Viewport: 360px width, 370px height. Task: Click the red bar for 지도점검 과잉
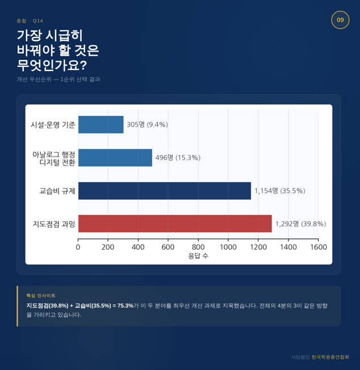[x=175, y=224]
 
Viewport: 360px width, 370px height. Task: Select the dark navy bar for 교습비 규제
[x=165, y=191]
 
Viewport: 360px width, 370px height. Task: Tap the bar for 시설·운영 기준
[x=101, y=125]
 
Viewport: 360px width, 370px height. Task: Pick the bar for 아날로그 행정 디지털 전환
[x=115, y=158]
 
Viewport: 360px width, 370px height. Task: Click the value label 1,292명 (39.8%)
[x=301, y=224]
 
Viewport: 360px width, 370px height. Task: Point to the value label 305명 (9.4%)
[x=147, y=125]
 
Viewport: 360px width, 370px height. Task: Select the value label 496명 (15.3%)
[x=178, y=158]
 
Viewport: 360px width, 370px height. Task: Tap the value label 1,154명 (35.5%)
[x=280, y=191]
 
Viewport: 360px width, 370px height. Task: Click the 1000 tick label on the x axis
[x=228, y=247]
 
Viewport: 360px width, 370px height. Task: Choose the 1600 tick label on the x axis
[x=319, y=247]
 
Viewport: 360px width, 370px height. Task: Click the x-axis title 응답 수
[x=198, y=256]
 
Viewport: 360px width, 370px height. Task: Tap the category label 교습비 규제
[x=57, y=191]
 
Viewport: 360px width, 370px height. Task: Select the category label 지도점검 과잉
[x=54, y=224]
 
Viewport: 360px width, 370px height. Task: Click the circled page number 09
[x=340, y=20]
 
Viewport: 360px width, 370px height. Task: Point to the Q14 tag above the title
[x=38, y=21]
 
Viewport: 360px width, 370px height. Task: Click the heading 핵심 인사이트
[x=41, y=296]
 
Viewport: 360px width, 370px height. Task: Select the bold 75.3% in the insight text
[x=125, y=306]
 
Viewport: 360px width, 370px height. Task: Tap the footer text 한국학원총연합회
[x=330, y=357]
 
